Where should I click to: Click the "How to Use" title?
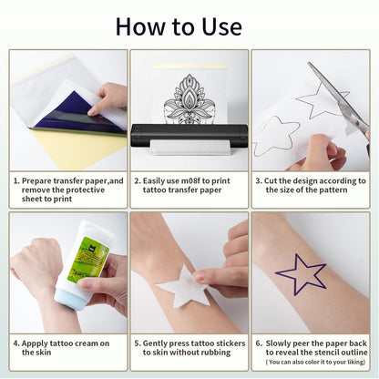(x=189, y=25)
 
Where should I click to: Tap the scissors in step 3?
(x=338, y=92)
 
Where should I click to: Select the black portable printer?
(x=189, y=135)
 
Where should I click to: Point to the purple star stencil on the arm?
(x=301, y=274)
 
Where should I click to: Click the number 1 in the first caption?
(x=15, y=181)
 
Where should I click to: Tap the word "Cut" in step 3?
(x=274, y=181)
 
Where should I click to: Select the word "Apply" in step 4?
(x=36, y=343)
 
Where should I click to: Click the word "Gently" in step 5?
(x=162, y=343)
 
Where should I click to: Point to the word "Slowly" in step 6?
(x=282, y=343)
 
